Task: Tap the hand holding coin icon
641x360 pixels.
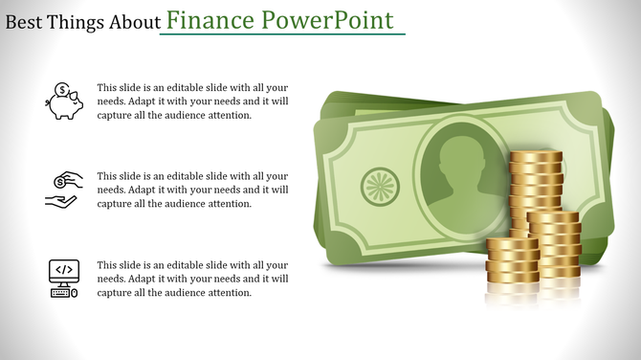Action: [64, 190]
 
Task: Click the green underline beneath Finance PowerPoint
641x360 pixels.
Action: [282, 35]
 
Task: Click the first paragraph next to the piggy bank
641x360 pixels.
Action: [192, 101]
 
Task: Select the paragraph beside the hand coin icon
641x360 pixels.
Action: [192, 190]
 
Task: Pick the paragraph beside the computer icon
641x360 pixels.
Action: [192, 279]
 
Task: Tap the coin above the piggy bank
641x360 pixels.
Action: [61, 90]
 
